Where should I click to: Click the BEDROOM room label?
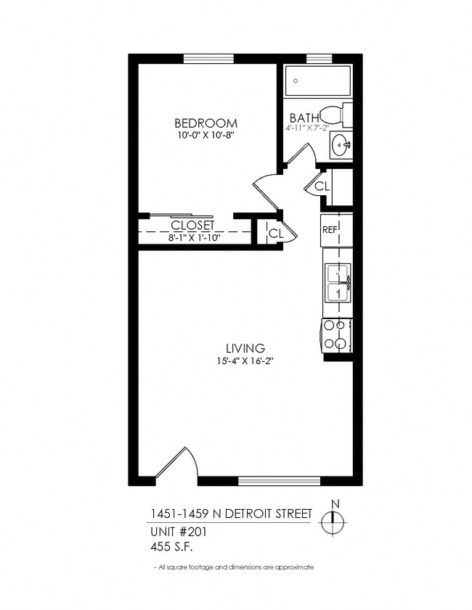206,123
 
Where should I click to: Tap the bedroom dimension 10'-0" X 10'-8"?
206,134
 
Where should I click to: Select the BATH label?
303,118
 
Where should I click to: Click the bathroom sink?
340,145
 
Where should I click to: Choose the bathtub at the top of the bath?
317,81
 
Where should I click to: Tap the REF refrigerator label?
329,230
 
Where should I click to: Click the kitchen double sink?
338,282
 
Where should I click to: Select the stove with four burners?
336,336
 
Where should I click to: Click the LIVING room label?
244,347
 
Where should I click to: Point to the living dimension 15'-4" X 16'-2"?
244,360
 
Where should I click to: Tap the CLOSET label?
193,226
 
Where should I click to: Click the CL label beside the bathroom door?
322,186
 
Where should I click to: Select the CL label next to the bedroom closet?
275,233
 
